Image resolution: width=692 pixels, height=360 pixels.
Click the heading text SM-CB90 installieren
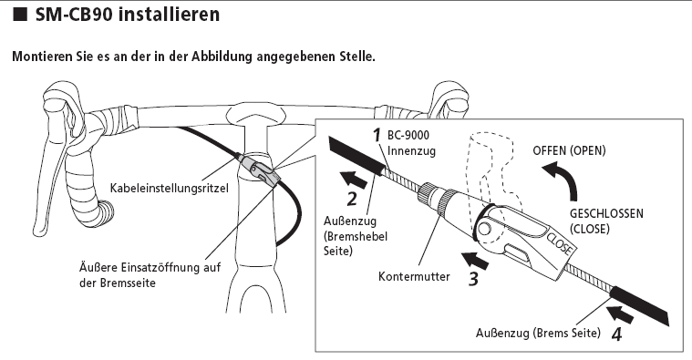point(127,14)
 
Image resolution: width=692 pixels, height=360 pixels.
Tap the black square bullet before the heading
point(19,15)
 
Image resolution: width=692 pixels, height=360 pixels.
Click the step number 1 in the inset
point(377,136)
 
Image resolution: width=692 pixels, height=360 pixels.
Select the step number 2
point(351,199)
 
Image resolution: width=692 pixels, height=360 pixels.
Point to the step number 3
point(472,278)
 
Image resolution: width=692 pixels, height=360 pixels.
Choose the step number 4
point(617,334)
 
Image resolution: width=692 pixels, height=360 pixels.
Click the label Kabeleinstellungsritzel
point(169,189)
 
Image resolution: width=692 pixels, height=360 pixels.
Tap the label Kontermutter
point(414,277)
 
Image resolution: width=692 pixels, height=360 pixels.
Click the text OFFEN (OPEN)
point(569,150)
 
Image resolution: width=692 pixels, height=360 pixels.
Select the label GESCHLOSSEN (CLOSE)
point(606,221)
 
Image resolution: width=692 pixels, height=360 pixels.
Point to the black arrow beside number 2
point(354,179)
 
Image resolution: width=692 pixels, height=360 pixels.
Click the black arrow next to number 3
point(475,260)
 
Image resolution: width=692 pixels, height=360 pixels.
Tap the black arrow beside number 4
point(621,314)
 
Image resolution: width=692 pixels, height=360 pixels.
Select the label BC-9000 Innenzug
point(411,143)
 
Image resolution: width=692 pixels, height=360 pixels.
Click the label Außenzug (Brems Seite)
point(538,333)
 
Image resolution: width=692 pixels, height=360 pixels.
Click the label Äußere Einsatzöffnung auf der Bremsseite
point(150,275)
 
